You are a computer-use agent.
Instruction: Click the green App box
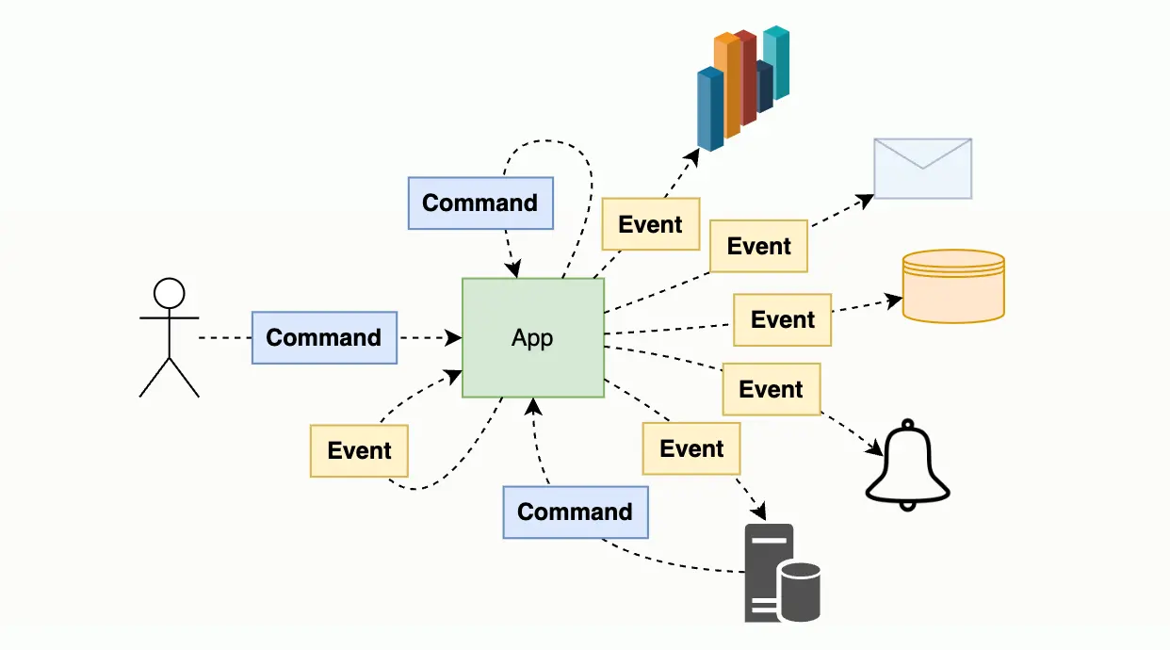point(532,337)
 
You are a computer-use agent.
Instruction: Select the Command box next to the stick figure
point(324,337)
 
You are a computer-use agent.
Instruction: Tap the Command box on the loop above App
point(479,203)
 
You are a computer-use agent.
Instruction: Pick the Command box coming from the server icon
point(575,512)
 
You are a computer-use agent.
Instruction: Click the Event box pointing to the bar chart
point(650,224)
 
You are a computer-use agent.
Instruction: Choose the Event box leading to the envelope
point(758,246)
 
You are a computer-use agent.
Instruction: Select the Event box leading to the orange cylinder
point(782,319)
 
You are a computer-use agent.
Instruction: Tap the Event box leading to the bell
point(771,389)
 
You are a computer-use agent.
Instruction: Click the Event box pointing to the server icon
point(691,448)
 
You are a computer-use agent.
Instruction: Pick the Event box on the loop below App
point(359,450)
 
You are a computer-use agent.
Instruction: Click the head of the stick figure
point(170,293)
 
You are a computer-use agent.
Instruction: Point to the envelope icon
point(922,169)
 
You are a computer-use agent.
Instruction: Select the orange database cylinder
point(953,286)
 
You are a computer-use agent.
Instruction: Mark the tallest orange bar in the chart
point(726,85)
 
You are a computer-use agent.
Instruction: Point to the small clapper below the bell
point(907,506)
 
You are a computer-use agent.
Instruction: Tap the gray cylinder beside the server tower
point(800,592)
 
